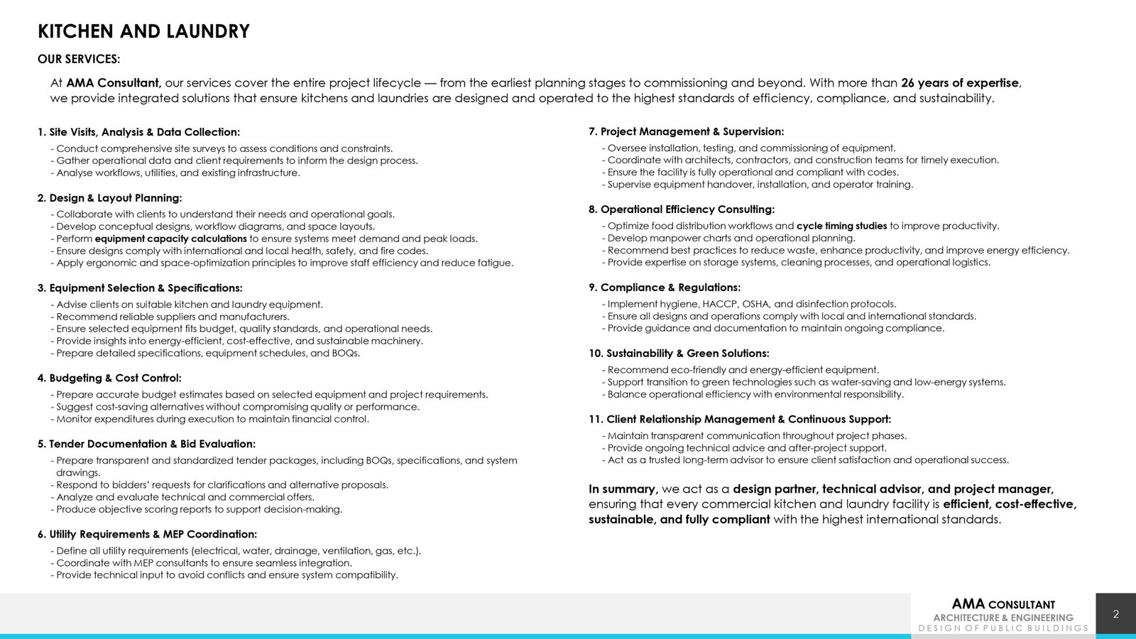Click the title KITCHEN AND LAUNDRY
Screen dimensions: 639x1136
tap(143, 32)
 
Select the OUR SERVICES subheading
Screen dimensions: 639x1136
tap(79, 59)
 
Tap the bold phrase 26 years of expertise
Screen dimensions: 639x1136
tap(960, 83)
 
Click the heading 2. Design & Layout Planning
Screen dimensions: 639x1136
tap(110, 198)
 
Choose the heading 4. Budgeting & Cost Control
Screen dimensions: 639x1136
tap(109, 378)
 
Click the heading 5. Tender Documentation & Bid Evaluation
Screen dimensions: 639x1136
tap(146, 444)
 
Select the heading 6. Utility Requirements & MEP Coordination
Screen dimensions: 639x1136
tap(147, 535)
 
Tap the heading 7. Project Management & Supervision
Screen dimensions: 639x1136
tap(686, 132)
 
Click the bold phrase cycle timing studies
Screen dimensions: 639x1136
tap(841, 226)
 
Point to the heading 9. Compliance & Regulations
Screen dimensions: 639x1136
tap(665, 288)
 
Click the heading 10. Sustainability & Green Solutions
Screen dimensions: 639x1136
tap(679, 354)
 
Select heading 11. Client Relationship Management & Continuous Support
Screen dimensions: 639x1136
tap(740, 420)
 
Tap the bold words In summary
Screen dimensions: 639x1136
tap(623, 489)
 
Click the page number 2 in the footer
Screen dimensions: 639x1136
tap(1116, 614)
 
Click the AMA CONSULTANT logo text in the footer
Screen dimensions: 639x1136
tap(1003, 604)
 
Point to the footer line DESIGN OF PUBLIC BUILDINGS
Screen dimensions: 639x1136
tap(1003, 628)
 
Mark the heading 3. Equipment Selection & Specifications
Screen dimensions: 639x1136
tap(140, 288)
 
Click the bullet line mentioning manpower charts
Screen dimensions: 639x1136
tap(731, 239)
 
